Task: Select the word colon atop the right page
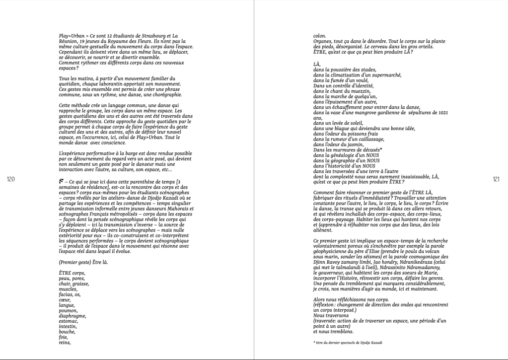tap(319, 36)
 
